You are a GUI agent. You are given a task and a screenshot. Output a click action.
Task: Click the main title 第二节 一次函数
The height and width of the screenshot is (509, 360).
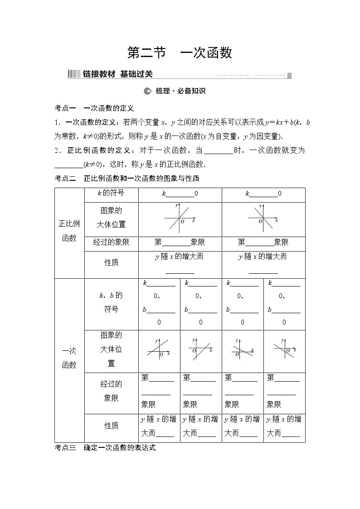coord(180,53)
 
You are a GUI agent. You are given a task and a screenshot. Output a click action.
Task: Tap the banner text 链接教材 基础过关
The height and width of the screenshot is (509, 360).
coord(118,74)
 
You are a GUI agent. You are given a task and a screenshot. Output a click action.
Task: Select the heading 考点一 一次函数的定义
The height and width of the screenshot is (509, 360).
coord(94,108)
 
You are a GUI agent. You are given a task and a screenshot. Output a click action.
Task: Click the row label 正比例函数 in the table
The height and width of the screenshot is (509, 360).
coord(69,231)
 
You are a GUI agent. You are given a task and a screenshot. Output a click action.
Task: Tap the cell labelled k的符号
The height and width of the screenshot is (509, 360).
coord(111,194)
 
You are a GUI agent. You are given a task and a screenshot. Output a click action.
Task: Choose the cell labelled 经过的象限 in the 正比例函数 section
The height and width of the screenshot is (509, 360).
coord(111,242)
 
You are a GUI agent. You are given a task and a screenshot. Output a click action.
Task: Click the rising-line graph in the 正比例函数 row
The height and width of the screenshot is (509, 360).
coord(180,218)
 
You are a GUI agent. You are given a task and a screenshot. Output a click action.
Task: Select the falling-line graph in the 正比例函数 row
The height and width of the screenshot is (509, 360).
coord(263,218)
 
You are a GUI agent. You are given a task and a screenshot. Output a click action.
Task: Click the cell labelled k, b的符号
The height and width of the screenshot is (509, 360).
coord(111,302)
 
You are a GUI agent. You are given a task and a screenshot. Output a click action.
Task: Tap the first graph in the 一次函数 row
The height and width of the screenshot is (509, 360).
coord(159,349)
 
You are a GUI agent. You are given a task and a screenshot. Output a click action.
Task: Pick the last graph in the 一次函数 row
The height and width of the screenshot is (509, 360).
coord(284,349)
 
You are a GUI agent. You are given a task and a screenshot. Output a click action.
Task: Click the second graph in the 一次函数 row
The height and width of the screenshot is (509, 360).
coord(200,349)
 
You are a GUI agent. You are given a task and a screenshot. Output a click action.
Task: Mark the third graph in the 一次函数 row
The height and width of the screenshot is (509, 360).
coord(242,349)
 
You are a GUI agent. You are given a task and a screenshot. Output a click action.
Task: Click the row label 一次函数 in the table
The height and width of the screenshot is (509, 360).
coord(69,358)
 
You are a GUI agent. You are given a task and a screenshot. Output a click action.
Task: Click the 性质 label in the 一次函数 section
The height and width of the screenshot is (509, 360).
coord(111,426)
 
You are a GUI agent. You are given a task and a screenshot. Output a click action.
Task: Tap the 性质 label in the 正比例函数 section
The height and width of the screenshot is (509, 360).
coord(111,263)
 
